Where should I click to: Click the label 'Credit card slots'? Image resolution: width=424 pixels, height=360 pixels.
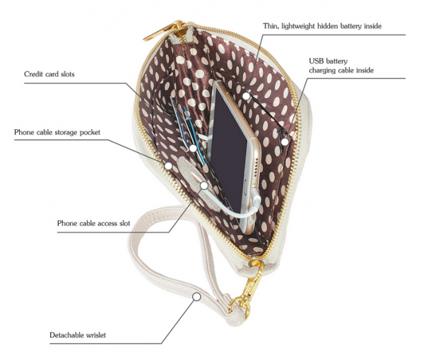tap(49, 74)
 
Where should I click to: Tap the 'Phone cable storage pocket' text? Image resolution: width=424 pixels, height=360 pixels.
tap(57, 132)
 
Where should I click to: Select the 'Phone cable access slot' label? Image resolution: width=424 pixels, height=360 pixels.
tap(93, 223)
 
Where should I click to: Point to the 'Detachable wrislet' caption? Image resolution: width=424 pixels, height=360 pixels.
tap(78, 335)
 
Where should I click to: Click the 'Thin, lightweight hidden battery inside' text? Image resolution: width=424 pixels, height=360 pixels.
tap(322, 26)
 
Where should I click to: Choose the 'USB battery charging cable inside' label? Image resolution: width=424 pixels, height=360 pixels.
tap(341, 66)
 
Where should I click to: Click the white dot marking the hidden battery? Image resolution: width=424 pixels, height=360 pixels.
tap(246, 96)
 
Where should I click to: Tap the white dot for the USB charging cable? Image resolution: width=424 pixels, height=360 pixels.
tap(285, 142)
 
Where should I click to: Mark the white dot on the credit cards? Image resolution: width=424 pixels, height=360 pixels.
tap(193, 148)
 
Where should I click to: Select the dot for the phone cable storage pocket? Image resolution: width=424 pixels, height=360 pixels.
tap(168, 166)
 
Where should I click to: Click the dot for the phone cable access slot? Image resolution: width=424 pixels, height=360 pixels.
tap(204, 186)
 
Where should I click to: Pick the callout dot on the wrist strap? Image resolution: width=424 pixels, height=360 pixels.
tap(197, 296)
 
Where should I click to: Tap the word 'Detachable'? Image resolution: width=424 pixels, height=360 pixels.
tap(66, 335)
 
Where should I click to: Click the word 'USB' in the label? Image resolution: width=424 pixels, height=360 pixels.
tap(317, 61)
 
